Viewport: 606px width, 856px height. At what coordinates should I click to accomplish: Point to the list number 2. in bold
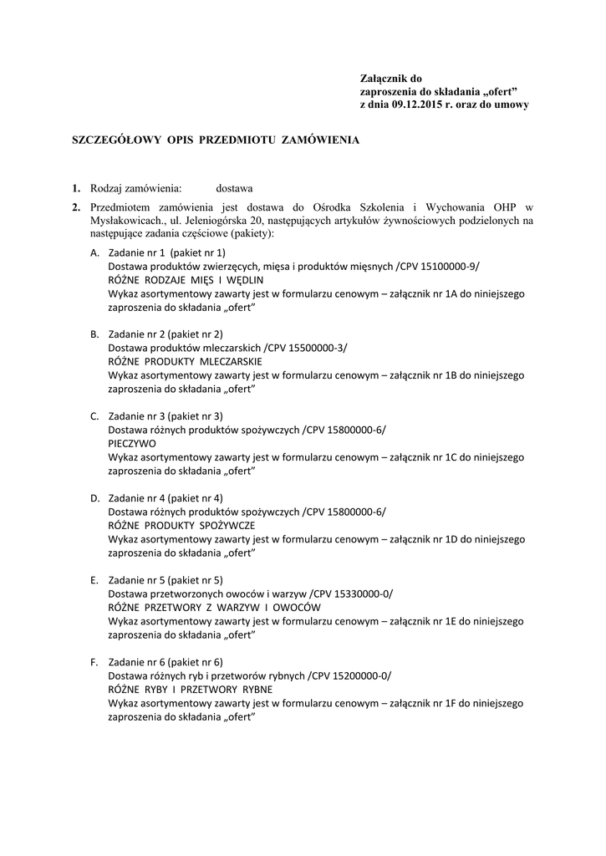click(75, 206)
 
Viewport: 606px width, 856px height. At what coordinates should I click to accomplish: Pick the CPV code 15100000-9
click(447, 266)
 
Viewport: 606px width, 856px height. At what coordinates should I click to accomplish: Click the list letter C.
click(94, 416)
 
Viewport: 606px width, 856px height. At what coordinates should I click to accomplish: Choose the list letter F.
click(94, 662)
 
